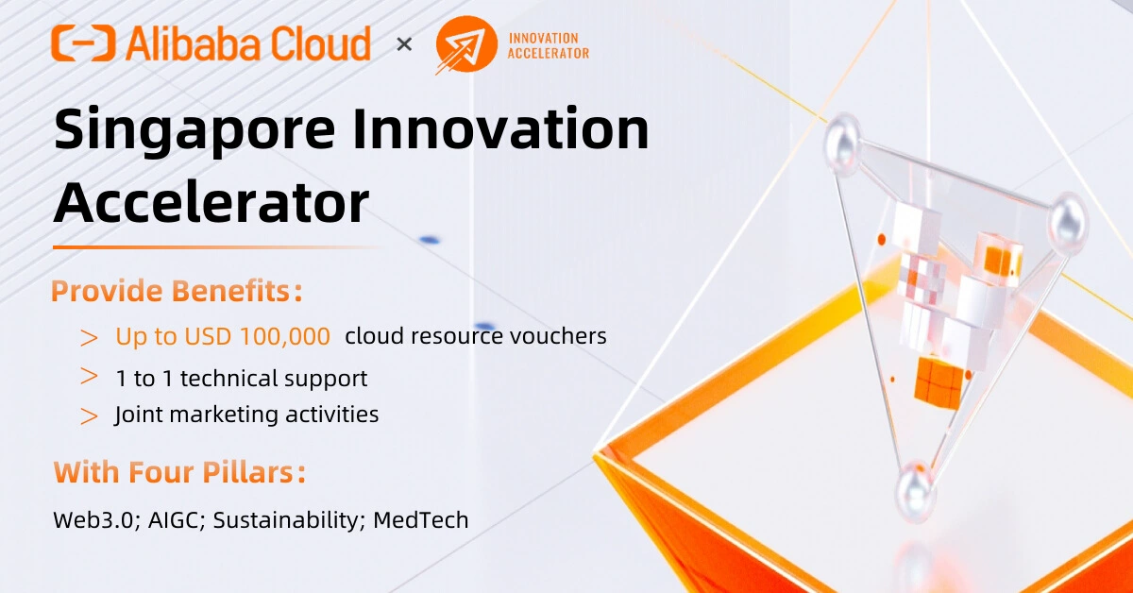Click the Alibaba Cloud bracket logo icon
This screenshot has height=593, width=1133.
(84, 43)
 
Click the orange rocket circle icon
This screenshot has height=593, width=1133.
(465, 44)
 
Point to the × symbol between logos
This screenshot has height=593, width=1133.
(404, 43)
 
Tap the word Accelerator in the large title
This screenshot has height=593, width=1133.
(211, 203)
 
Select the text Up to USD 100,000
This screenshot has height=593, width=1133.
(223, 336)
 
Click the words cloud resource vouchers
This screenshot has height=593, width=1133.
(476, 336)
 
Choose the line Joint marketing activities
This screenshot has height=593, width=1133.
(246, 415)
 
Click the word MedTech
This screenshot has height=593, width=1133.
(421, 519)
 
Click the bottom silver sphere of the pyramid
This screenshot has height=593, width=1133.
(914, 485)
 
